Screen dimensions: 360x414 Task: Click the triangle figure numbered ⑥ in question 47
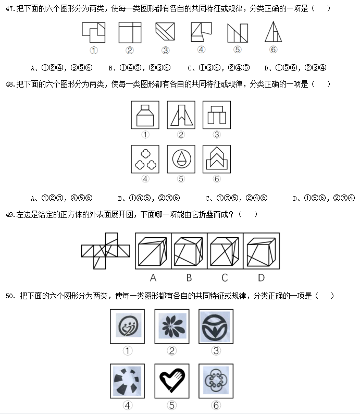point(273,32)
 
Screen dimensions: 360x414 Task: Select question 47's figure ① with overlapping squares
point(94,32)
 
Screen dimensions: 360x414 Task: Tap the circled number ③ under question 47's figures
point(165,50)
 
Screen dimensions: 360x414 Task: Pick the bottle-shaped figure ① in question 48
point(145,115)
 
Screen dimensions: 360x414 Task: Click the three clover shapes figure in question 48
point(145,159)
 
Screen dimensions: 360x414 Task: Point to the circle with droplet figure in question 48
point(181,159)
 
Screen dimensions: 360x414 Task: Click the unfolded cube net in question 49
point(105,251)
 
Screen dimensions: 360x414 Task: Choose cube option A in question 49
point(153,251)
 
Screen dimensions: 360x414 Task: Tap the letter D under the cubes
point(261,278)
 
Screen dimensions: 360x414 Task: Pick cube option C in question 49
point(225,251)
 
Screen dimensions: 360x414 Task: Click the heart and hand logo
point(172,381)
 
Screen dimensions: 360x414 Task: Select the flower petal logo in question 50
point(172,326)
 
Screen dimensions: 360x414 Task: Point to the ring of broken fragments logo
point(127,381)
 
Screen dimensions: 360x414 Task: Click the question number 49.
point(9,214)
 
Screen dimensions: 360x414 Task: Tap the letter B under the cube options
point(189,278)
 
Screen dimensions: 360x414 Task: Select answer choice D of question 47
point(295,68)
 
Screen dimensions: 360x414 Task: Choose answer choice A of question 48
point(61,198)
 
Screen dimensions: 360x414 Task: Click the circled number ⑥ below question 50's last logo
point(216,405)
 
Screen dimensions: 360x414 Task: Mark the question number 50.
point(10,296)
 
